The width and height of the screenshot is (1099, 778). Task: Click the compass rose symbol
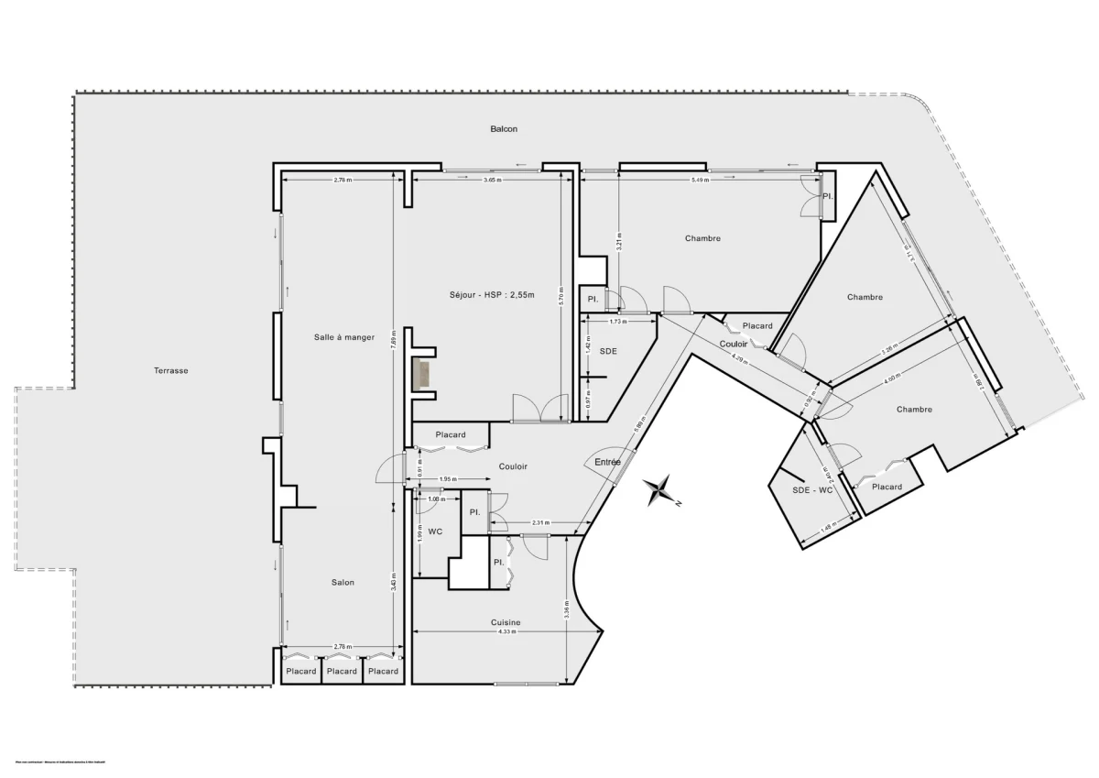tap(659, 490)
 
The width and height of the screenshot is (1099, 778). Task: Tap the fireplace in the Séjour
tap(423, 375)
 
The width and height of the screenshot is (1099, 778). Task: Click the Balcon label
tap(503, 129)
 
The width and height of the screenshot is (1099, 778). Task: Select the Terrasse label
tap(170, 371)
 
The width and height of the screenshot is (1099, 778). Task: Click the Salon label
tap(343, 582)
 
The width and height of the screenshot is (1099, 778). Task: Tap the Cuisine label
tap(504, 622)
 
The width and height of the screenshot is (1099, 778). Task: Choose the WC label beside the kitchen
tap(435, 530)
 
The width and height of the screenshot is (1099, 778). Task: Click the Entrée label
tap(608, 462)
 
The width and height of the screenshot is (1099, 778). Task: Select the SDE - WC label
tap(812, 489)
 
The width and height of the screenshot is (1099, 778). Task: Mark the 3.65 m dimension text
tap(492, 181)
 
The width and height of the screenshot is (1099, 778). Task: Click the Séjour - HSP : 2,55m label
tap(492, 294)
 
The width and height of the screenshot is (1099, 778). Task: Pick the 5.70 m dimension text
tap(561, 297)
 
